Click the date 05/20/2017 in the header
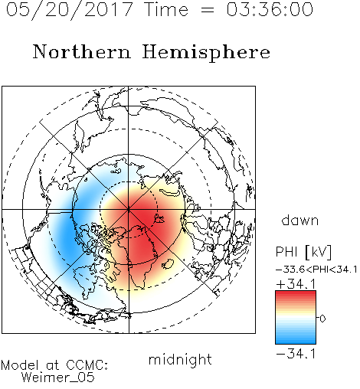(69, 10)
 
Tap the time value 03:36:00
(270, 9)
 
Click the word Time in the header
(166, 9)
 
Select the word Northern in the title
(82, 52)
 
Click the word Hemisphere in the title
(206, 53)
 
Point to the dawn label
(300, 221)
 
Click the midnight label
(180, 359)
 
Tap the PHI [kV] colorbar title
(303, 252)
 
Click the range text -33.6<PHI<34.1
(316, 270)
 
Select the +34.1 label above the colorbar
(296, 284)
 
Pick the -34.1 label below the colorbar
(296, 354)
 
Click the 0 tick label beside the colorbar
(322, 319)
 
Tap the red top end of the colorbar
(296, 293)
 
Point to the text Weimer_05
(58, 378)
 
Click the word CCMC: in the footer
(87, 365)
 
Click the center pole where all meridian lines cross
(129, 210)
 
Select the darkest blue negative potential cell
(67, 236)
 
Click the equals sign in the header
(208, 10)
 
